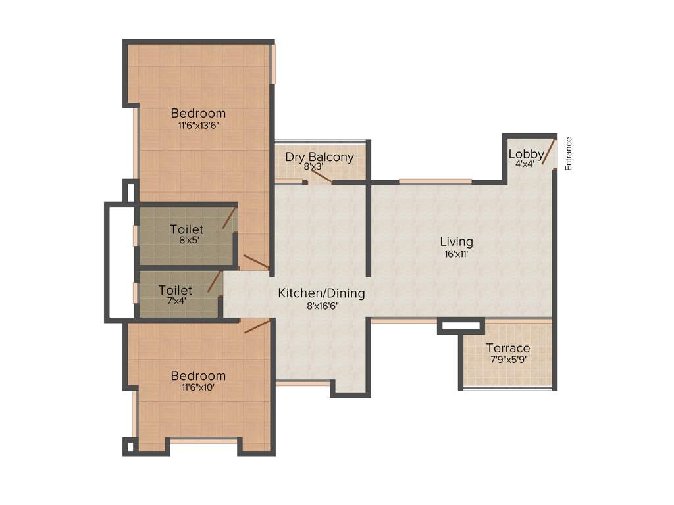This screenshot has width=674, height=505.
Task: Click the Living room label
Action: click(x=456, y=241)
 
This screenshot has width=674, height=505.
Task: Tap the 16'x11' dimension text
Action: click(x=456, y=254)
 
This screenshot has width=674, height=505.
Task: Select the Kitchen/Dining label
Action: click(x=321, y=293)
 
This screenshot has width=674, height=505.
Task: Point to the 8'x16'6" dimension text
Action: click(x=321, y=305)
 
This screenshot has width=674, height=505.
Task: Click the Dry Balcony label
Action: click(x=319, y=157)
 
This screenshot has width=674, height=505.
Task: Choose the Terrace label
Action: click(x=508, y=348)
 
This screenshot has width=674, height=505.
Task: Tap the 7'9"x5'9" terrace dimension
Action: click(x=508, y=360)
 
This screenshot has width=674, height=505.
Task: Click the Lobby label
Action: click(x=525, y=155)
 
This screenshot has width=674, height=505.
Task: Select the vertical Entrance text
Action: click(x=569, y=154)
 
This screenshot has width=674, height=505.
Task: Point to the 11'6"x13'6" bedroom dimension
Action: click(x=198, y=126)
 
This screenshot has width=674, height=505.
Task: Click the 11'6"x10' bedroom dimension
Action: click(x=198, y=388)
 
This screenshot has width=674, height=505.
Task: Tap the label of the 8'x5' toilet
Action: click(x=187, y=229)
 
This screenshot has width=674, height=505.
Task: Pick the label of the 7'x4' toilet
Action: click(x=175, y=290)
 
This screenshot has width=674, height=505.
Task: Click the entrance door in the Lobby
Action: click(x=548, y=152)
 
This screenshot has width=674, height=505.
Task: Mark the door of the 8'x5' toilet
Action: click(x=230, y=218)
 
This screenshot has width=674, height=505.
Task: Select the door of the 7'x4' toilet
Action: click(x=215, y=281)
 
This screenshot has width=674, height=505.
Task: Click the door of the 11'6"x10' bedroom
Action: click(x=257, y=327)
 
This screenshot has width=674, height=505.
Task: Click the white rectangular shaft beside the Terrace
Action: click(x=461, y=325)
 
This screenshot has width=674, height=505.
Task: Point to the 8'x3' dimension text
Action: click(x=315, y=167)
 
